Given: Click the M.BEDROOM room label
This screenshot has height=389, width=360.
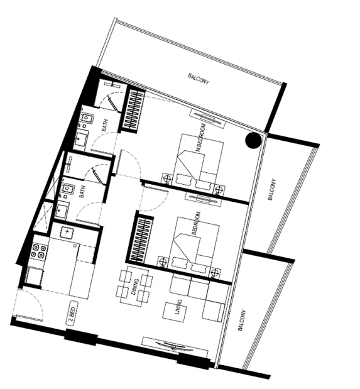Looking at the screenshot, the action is click(x=201, y=138).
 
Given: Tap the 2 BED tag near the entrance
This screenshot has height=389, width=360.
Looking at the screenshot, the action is click(x=72, y=313).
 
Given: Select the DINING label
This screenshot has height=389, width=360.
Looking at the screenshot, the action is click(x=135, y=287).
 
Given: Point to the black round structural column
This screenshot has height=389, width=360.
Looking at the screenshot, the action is click(x=253, y=140).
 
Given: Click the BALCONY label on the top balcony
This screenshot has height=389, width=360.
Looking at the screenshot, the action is click(x=199, y=79).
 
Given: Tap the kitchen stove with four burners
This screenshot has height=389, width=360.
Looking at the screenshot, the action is click(x=38, y=251).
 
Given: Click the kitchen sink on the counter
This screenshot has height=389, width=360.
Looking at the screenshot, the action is click(x=67, y=232).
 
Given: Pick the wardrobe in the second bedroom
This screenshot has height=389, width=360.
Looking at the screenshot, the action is click(x=141, y=239).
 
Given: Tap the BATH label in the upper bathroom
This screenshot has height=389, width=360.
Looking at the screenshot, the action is click(x=105, y=125).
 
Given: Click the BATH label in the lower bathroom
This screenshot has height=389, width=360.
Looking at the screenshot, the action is click(x=82, y=192).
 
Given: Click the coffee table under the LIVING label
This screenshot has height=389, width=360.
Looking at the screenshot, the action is click(x=175, y=312).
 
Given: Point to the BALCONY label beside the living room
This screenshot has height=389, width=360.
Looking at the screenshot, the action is click(x=242, y=320).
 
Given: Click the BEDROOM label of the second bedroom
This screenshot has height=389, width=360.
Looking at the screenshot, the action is click(x=196, y=223).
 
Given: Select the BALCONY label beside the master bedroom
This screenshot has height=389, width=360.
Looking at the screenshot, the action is click(x=271, y=189).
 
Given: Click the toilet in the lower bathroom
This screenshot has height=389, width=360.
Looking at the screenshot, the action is click(x=67, y=189).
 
